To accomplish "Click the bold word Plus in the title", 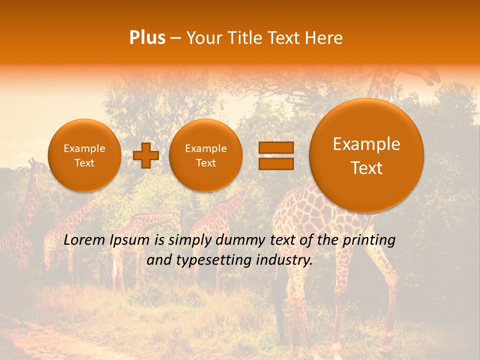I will point(147,38).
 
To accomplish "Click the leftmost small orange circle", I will point(84,155).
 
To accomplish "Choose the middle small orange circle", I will point(205,155).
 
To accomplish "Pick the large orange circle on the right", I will point(366,155).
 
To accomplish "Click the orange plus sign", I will point(146,155).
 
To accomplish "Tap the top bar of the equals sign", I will point(275,148).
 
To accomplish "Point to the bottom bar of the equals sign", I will point(275,163).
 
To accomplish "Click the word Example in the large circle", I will point(366,144).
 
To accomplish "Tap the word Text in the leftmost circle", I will point(84,163).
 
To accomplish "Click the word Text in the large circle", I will point(366,168).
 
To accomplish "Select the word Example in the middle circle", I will point(205,148).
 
